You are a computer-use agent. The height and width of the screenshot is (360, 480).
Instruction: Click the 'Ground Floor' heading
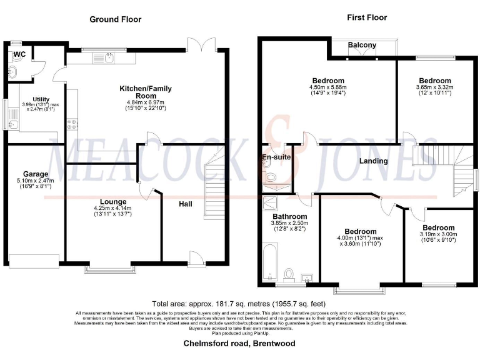click(115, 19)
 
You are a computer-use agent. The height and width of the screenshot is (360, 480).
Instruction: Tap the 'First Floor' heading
click(367, 17)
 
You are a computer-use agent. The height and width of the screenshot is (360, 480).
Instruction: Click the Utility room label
click(41, 99)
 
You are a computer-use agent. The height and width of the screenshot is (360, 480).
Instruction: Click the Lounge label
click(114, 201)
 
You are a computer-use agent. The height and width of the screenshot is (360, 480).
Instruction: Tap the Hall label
click(186, 204)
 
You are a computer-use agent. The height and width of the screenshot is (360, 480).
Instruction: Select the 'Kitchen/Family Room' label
click(145, 92)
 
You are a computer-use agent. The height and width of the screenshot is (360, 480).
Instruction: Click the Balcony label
click(362, 45)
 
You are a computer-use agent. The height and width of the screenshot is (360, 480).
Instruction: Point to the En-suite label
click(276, 157)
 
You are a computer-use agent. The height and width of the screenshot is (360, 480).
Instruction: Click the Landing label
click(373, 161)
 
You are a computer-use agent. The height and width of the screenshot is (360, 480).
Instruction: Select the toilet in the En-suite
click(270, 177)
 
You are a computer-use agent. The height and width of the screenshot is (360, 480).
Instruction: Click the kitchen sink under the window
click(109, 58)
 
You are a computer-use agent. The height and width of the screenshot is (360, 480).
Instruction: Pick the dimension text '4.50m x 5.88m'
click(329, 87)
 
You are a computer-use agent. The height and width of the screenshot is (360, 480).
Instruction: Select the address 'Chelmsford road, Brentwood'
click(239, 344)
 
